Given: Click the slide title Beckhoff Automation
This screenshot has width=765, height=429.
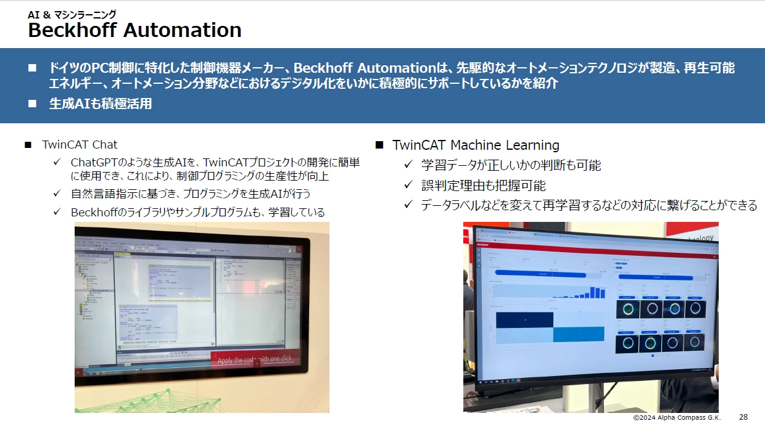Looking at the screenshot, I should click(134, 30).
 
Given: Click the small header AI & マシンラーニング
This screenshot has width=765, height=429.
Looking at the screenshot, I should click(72, 14).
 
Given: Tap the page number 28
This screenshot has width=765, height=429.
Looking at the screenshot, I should click(743, 417).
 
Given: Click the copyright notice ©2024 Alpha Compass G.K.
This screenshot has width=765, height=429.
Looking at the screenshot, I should click(676, 418).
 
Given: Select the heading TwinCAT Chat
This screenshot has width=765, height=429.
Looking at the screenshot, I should click(80, 145).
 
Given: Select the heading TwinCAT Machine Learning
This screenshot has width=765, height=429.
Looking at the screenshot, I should click(476, 145).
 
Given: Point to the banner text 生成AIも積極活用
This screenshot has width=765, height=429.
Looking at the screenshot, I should click(100, 104).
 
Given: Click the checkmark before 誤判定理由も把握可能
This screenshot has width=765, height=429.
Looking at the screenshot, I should click(407, 185).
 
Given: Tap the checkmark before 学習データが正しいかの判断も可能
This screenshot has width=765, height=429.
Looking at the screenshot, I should click(407, 165).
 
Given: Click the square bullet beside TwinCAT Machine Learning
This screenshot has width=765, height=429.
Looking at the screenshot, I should click(379, 145).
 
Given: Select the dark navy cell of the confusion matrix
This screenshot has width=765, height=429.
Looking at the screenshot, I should click(524, 320).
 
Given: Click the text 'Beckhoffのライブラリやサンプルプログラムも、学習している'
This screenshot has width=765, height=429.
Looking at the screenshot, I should click(197, 212).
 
